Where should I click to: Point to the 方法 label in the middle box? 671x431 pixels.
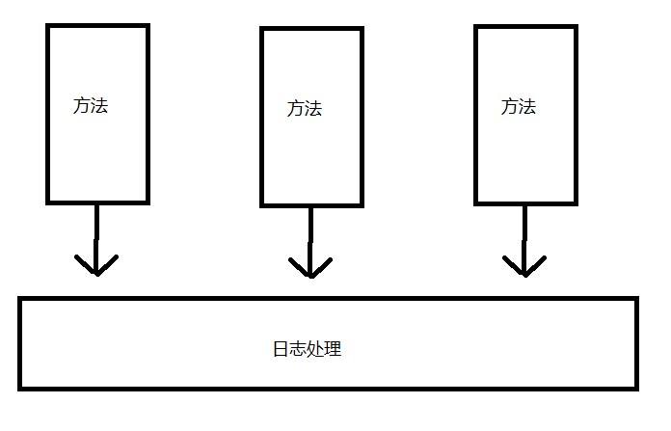[305, 109]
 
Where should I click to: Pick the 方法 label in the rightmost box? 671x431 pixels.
[519, 106]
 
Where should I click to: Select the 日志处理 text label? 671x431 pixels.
[308, 349]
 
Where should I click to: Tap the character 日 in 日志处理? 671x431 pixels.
[282, 349]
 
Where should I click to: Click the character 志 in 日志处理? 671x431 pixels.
[299, 349]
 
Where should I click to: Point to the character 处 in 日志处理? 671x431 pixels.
[316, 349]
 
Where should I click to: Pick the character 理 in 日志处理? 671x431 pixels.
[334, 349]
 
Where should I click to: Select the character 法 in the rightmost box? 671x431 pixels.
[527, 106]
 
